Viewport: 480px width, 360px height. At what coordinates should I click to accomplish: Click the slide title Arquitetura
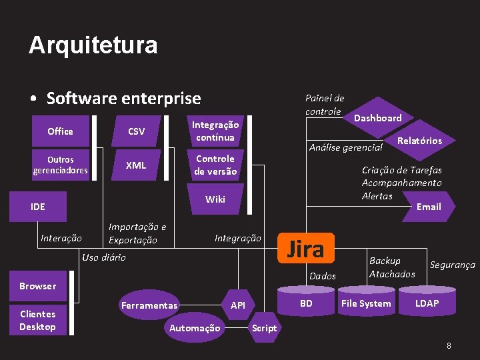coord(93,45)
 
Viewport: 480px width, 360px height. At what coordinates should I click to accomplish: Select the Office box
coord(60,131)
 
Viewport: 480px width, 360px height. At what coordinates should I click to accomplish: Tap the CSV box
coord(136,131)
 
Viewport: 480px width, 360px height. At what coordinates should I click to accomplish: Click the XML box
coord(136,165)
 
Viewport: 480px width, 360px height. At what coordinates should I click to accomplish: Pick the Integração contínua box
coord(215,131)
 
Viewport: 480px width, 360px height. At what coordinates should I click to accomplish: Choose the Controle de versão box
coord(215,165)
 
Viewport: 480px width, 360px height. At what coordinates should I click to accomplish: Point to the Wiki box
coord(215,199)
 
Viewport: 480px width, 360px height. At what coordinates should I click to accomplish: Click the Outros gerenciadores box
coord(60,165)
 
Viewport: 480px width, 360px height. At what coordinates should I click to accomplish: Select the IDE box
coord(38,207)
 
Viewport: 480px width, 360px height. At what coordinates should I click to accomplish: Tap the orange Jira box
coord(305,249)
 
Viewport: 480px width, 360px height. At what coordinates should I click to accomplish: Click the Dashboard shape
coord(377,118)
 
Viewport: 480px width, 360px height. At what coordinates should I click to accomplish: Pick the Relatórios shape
coord(419,141)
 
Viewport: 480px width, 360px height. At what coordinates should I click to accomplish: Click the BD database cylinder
coord(306,303)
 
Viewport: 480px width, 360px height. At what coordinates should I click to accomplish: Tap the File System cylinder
coord(366,303)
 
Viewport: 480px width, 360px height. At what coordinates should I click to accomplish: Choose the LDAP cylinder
coord(427,303)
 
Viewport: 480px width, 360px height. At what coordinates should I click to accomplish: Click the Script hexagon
coord(264,328)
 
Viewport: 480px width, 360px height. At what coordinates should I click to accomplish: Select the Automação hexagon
coord(195,328)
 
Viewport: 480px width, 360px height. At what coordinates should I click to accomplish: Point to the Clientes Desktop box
coord(38,320)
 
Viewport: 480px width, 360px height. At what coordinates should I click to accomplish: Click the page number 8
coord(449,346)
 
